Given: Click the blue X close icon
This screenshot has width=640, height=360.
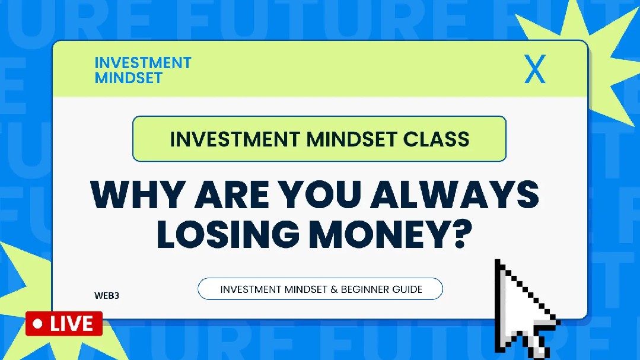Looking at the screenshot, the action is click(x=534, y=69).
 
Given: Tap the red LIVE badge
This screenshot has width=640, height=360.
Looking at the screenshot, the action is click(x=64, y=324).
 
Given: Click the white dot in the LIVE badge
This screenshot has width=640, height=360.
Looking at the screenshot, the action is click(x=37, y=324).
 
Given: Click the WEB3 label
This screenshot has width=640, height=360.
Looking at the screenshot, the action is click(x=107, y=295).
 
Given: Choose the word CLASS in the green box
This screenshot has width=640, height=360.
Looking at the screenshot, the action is click(x=437, y=139).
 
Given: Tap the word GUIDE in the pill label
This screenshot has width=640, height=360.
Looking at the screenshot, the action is click(x=407, y=289).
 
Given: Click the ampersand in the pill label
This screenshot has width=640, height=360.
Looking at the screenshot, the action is click(x=334, y=289).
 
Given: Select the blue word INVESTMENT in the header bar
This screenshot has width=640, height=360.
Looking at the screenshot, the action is click(x=143, y=63).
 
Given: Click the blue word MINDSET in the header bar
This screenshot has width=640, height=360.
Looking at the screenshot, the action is click(x=129, y=78).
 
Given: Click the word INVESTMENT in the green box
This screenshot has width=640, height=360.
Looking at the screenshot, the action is click(x=235, y=139).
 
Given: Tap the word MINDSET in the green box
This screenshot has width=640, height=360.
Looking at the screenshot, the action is click(x=351, y=139).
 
